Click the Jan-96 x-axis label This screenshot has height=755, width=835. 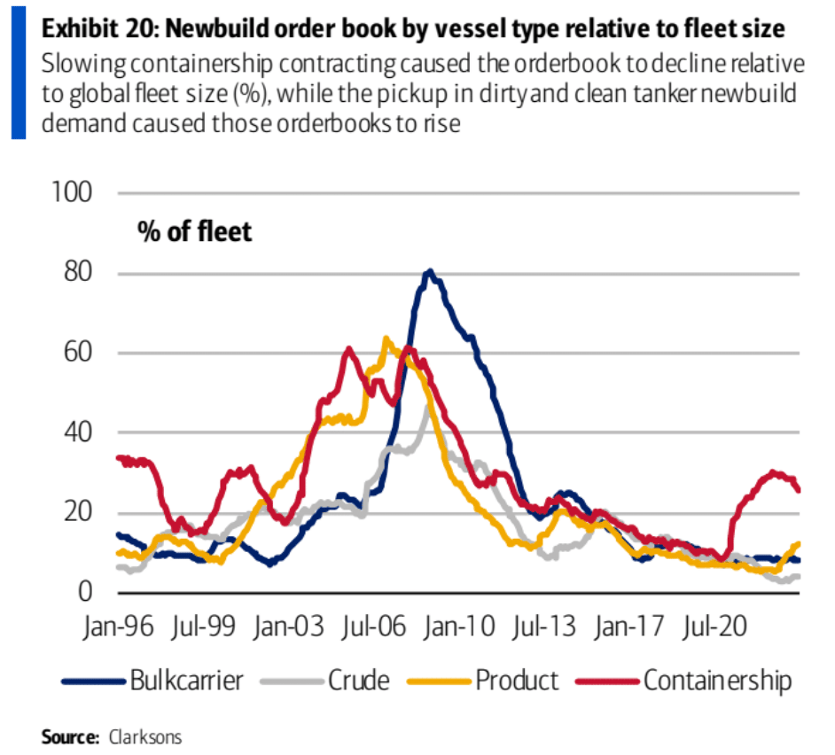coord(117,627)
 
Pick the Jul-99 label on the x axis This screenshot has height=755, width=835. coord(203,627)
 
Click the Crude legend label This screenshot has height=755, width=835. coord(358,681)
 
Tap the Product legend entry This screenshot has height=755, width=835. coord(517,681)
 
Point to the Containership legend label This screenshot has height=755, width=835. coord(717,681)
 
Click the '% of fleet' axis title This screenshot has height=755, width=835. coord(194,231)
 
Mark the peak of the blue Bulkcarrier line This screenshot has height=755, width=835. coord(429,271)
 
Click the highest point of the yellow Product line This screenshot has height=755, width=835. coord(385,338)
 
